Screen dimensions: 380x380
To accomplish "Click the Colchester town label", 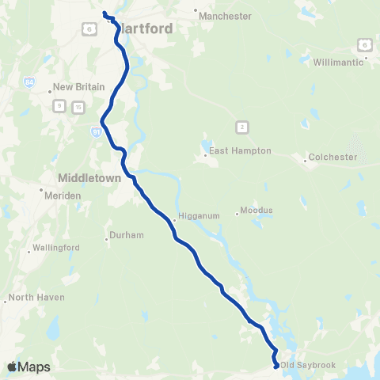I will (x=332, y=157).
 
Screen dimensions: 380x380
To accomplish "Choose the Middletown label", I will (x=89, y=178).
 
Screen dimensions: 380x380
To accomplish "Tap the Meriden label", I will (x=62, y=195).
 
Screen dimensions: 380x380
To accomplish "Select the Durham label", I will (x=127, y=235).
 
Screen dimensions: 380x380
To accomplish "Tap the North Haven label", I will (x=36, y=298).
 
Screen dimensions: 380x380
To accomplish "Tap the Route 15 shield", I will (x=78, y=107).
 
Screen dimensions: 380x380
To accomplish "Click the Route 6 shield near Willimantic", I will (x=363, y=43).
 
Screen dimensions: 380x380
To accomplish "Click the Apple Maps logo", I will (x=28, y=367).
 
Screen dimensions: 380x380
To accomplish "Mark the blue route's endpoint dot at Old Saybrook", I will (x=275, y=366).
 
